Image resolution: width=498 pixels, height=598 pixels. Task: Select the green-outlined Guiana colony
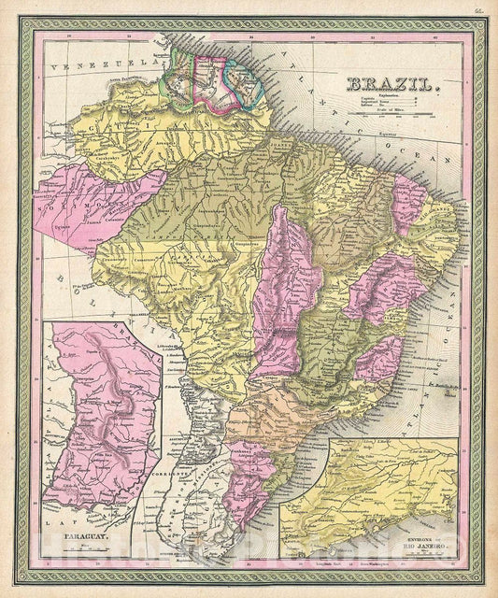click(178, 74)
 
